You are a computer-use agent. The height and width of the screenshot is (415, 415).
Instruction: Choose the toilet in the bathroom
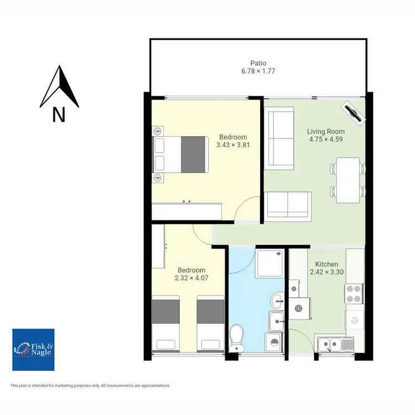coord(237,337)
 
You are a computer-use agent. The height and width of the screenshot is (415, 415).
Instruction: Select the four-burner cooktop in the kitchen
coord(354,294)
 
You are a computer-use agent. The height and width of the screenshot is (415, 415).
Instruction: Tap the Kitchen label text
coord(326,264)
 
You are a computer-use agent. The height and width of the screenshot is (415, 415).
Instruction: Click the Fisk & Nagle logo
coord(33,349)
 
